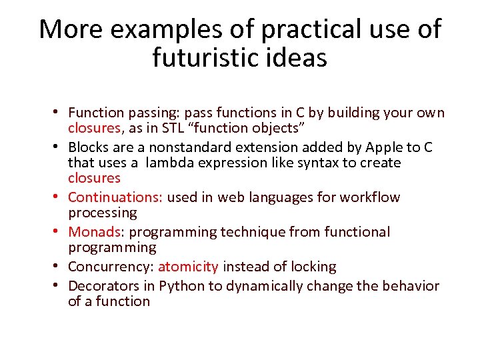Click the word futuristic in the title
click(x=209, y=58)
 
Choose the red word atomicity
click(x=188, y=267)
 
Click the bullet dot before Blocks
click(x=59, y=147)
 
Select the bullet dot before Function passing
click(x=59, y=113)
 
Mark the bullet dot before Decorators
click(x=59, y=286)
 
